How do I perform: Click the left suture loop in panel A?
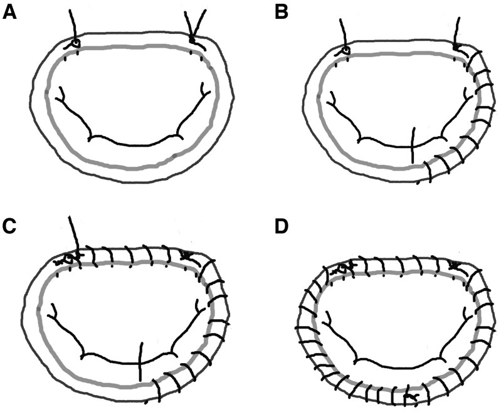coord(75,43)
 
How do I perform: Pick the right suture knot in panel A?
coord(192,42)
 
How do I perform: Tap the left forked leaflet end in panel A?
coord(61,94)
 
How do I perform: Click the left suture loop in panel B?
coord(345,50)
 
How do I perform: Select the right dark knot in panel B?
coord(456,46)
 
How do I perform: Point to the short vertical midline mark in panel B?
coord(411,144)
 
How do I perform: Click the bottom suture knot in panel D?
coord(409,396)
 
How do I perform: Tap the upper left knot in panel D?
coord(342,268)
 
